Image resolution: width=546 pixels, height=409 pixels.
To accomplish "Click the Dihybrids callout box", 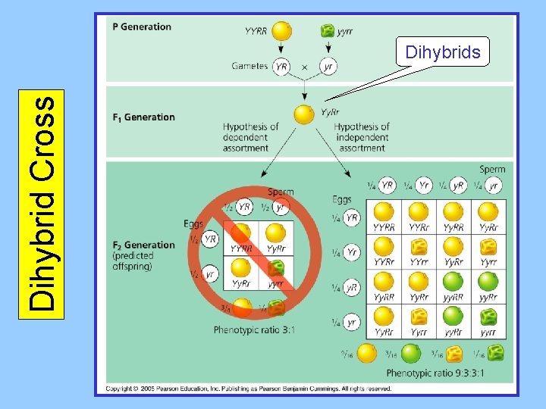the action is tap(443, 52).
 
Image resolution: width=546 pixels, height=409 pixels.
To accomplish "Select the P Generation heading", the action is tap(142, 27).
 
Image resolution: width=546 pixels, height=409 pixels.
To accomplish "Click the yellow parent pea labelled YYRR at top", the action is tap(281, 30).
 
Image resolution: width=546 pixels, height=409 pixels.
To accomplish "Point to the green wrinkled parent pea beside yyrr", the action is tap(328, 30).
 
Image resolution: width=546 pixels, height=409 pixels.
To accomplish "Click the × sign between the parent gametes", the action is tap(304, 67).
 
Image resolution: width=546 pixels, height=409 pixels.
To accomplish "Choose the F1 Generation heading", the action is tap(144, 117).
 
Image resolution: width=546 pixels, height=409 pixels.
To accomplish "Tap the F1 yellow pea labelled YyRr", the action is tap(304, 114).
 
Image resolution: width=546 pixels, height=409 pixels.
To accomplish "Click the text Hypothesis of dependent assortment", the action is tap(250, 137).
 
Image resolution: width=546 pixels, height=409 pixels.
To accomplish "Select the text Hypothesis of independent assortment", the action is tap(362, 137).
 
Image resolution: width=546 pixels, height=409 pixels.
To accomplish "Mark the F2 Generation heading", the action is tap(144, 245).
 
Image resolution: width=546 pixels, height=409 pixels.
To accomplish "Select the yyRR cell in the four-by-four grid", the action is tap(453, 287).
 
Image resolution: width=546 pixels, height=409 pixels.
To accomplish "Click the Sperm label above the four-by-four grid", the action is tap(492, 170).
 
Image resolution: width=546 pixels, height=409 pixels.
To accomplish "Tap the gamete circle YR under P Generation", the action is tap(281, 66).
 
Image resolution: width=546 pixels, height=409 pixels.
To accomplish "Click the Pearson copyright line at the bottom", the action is tap(249, 389).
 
